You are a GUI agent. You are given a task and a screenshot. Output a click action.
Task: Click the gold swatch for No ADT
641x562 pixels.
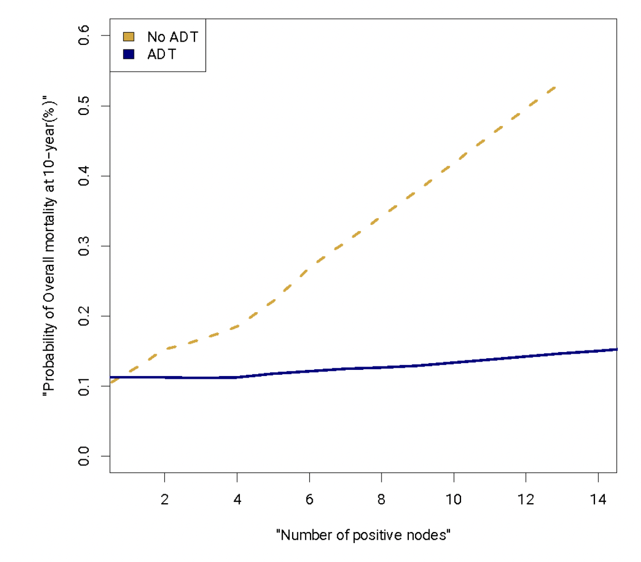coord(129,37)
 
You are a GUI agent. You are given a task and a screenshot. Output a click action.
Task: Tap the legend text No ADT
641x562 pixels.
coord(173,37)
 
